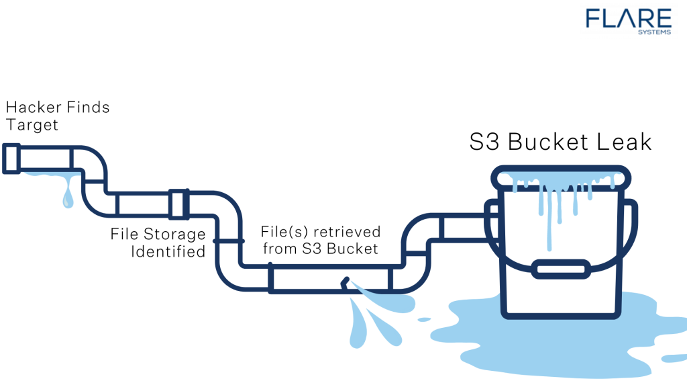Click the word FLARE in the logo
coord(627,19)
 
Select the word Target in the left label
coord(32,125)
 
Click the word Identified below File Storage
coord(168,252)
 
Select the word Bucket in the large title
coord(545,142)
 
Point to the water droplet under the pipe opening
coord(68,198)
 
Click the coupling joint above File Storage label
coord(179,204)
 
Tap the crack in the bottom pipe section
coord(346,284)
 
